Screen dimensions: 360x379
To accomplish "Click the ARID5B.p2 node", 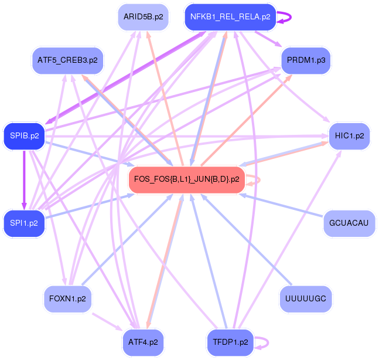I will (x=142, y=17).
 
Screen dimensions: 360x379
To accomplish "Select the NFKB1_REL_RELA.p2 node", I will (x=230, y=17).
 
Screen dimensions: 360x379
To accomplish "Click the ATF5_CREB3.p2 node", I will (x=67, y=60).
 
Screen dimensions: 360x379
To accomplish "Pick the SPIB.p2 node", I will (x=24, y=135).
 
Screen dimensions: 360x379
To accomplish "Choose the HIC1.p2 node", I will (x=349, y=135).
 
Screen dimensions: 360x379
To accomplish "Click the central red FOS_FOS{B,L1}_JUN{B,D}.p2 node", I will (x=186, y=179).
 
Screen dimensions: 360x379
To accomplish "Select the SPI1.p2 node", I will (x=24, y=223).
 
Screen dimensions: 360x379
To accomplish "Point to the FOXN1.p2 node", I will (x=67, y=298).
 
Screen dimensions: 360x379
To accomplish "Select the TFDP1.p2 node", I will (x=230, y=341).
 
